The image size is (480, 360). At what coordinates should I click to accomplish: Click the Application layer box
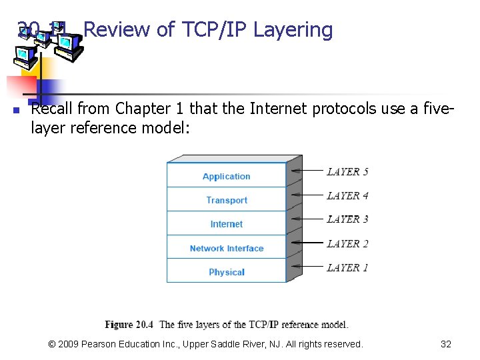tap(226, 176)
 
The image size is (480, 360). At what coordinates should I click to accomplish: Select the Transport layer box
tap(226, 200)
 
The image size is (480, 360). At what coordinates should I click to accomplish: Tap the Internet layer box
tap(226, 224)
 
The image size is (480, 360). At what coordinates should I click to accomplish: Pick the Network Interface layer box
tap(226, 248)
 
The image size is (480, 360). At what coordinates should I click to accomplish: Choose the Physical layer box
tap(226, 272)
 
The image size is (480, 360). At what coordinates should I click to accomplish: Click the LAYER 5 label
tap(347, 171)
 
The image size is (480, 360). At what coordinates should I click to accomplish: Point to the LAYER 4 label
tap(347, 195)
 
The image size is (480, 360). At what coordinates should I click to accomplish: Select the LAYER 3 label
tap(347, 219)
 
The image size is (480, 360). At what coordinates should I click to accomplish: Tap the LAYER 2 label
tap(347, 243)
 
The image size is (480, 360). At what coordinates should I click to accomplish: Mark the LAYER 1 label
tap(347, 267)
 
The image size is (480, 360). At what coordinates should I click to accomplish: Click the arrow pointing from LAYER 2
tap(307, 243)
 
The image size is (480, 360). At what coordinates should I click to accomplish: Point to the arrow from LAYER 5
tap(307, 171)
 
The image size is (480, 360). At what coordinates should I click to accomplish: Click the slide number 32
tap(446, 344)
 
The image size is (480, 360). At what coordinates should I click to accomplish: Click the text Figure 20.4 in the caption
tap(129, 325)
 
